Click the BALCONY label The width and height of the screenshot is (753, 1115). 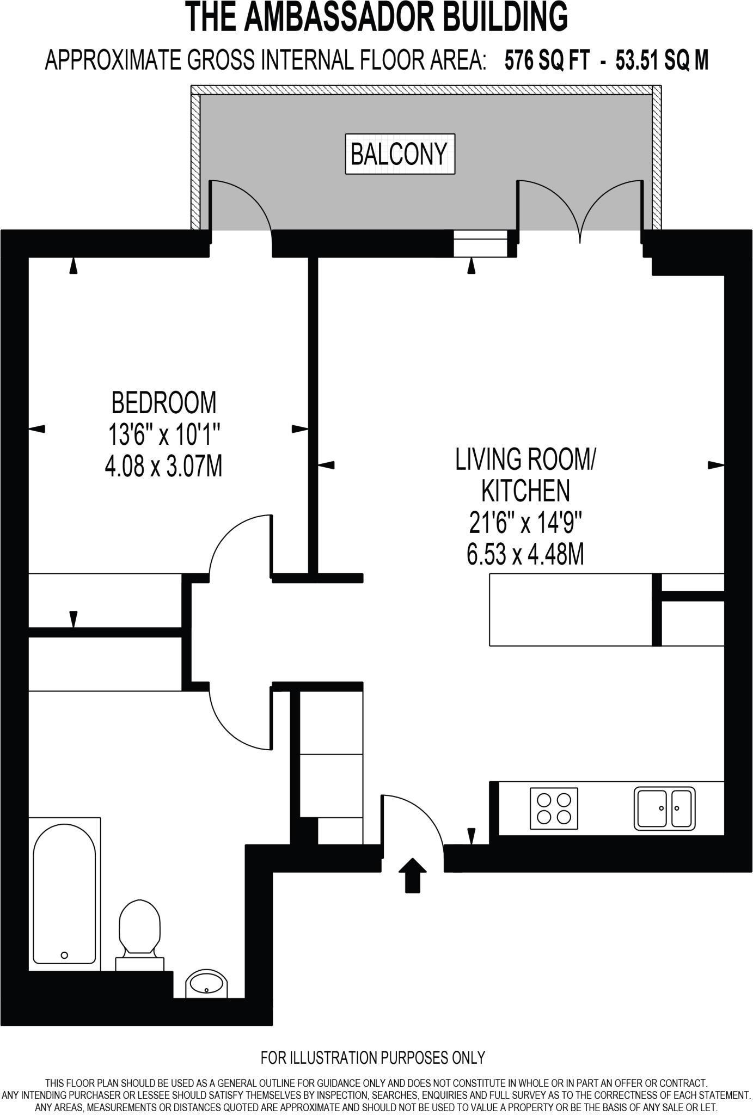point(399,154)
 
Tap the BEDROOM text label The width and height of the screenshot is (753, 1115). point(163,403)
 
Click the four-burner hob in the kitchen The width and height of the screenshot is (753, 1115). point(554,808)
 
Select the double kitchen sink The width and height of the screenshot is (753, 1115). point(664,808)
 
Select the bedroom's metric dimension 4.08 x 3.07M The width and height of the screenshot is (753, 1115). point(163,467)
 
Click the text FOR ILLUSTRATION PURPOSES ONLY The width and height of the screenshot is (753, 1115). point(372,1058)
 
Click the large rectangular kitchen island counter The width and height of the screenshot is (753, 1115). point(570,610)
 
